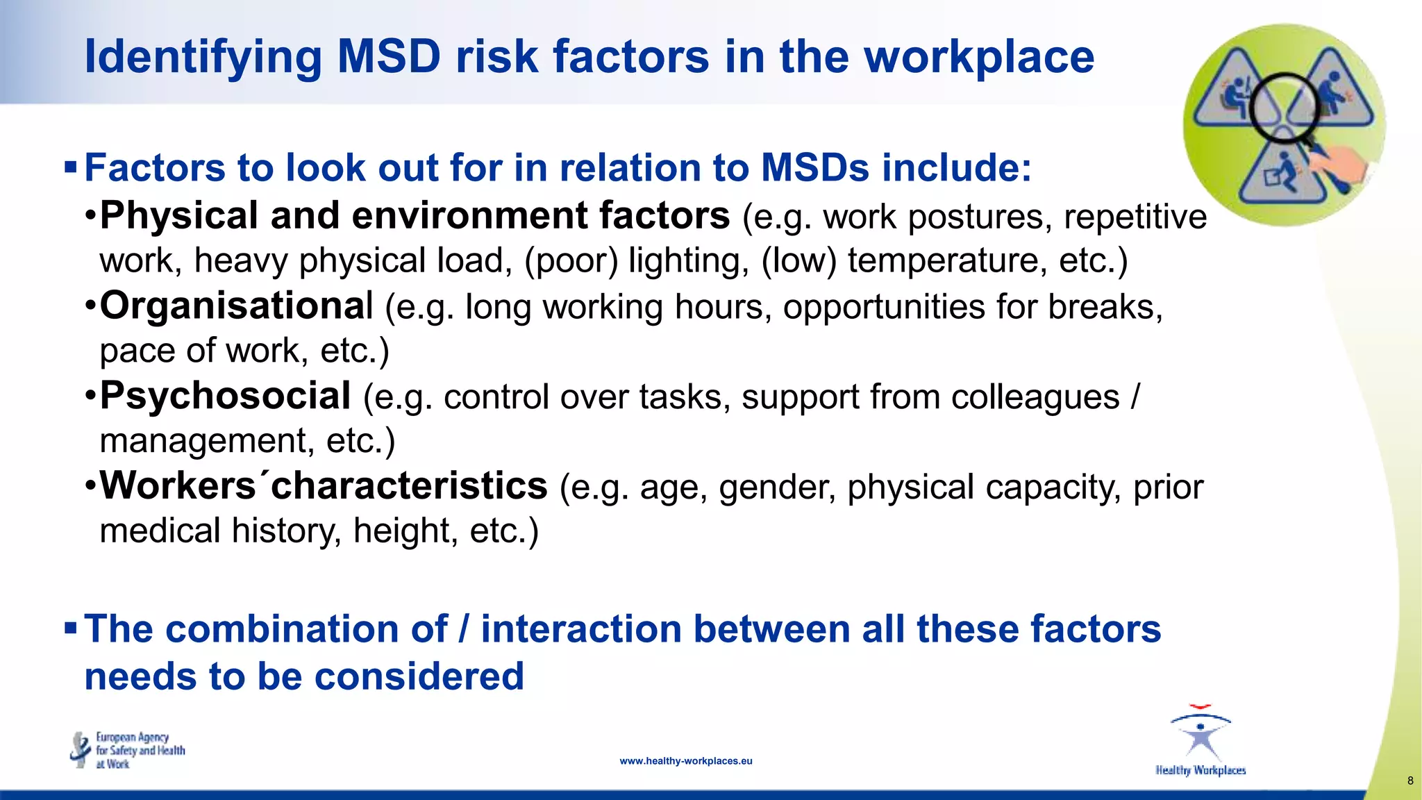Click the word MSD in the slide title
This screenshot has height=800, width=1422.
(x=389, y=57)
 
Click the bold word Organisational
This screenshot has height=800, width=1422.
(x=236, y=306)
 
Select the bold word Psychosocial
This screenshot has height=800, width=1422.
(x=225, y=396)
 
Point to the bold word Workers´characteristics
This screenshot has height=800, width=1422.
(x=324, y=485)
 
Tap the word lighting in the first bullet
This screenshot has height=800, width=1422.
(x=688, y=260)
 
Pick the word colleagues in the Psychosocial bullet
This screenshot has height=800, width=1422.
(x=1035, y=397)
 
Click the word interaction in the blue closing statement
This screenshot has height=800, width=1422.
(x=580, y=629)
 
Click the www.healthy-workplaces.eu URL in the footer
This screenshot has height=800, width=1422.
(x=685, y=761)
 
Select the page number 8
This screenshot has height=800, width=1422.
(x=1410, y=781)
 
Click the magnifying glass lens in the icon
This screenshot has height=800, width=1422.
(x=1283, y=106)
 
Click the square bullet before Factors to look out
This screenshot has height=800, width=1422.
(x=70, y=167)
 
